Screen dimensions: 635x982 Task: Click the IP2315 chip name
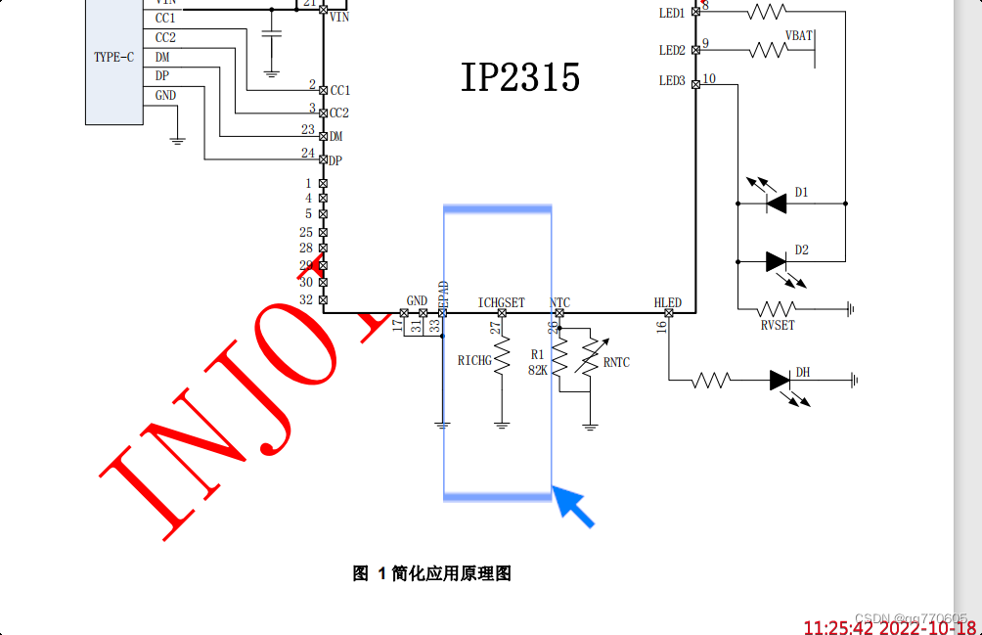[520, 77]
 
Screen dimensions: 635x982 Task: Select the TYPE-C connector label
[114, 58]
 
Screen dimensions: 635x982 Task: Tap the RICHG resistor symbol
[502, 358]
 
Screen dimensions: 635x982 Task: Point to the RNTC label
[616, 363]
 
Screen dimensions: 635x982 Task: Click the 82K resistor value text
[537, 370]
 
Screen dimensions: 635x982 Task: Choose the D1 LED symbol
[777, 204]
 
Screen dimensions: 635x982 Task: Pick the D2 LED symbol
[777, 261]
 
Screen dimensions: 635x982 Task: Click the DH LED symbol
[780, 380]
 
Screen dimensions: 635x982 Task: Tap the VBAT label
[798, 35]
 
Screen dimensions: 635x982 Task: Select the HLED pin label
[668, 303]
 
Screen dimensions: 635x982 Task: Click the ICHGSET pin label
[501, 303]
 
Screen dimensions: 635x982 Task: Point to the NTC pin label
[560, 303]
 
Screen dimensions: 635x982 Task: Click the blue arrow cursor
[575, 508]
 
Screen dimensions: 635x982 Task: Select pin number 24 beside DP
[308, 154]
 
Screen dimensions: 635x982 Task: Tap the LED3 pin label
[672, 81]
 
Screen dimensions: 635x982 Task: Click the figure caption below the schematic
[431, 573]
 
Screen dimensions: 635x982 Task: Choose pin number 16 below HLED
[662, 326]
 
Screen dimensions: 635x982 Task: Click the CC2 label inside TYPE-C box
[165, 38]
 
